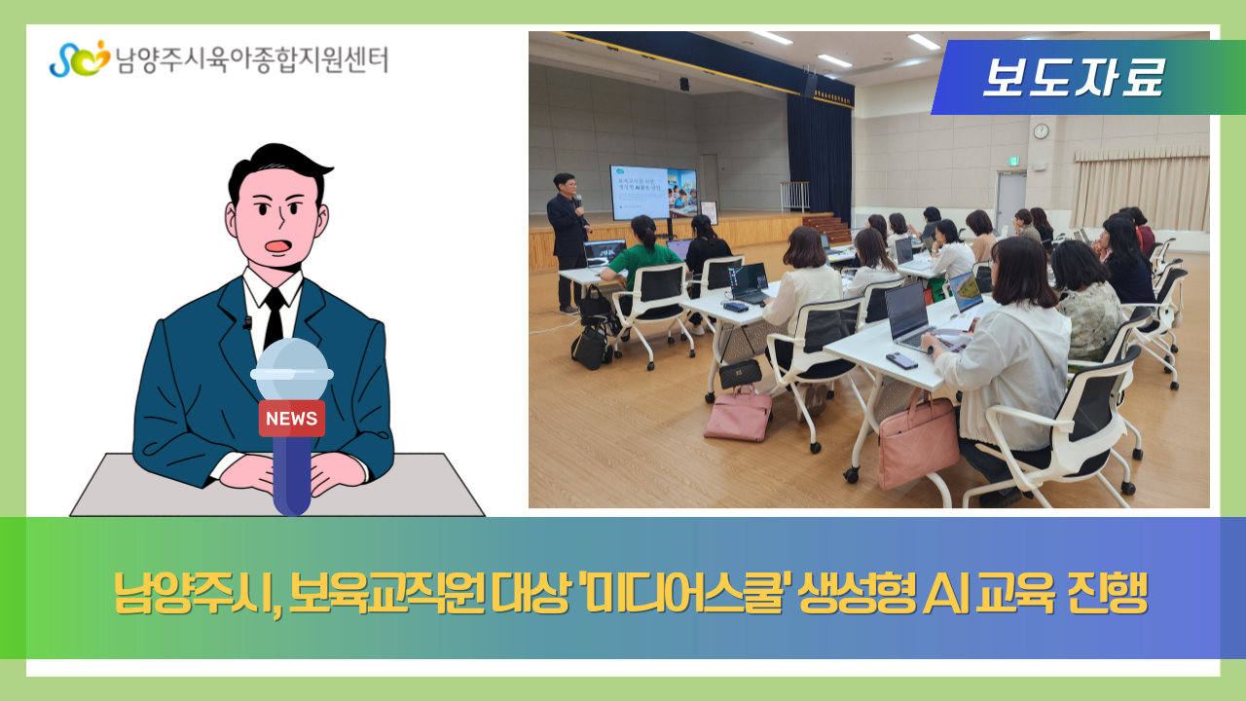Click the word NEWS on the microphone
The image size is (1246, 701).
(291, 419)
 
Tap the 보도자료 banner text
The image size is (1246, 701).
(1072, 78)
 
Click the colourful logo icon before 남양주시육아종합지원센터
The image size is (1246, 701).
(78, 59)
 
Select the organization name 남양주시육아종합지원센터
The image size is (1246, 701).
(251, 60)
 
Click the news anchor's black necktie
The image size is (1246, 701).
(275, 315)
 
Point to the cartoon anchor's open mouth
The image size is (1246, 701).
(278, 245)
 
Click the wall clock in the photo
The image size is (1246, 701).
(1041, 130)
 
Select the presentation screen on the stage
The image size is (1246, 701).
(653, 192)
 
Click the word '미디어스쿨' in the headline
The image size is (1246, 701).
(683, 591)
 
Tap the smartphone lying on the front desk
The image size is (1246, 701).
(901, 360)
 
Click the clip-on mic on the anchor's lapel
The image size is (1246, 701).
(247, 322)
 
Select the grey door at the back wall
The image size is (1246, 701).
(1010, 201)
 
